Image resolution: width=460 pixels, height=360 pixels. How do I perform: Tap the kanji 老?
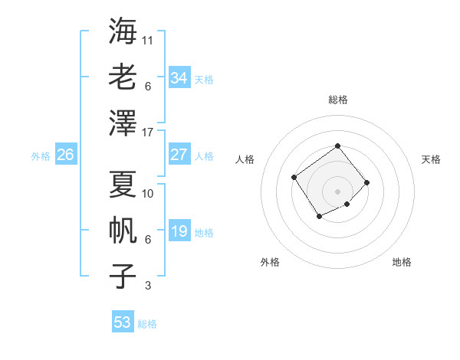click(x=123, y=77)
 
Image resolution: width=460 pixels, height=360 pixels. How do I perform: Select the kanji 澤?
click(x=123, y=123)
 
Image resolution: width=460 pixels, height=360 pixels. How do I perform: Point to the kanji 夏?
click(x=123, y=185)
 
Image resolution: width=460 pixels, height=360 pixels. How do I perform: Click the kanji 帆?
click(x=123, y=230)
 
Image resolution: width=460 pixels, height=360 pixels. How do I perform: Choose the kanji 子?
click(x=123, y=276)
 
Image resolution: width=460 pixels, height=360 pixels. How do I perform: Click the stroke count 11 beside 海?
click(x=148, y=40)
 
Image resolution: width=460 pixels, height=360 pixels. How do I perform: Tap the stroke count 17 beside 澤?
click(x=148, y=133)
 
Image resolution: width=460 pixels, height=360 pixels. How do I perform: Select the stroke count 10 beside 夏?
click(x=148, y=194)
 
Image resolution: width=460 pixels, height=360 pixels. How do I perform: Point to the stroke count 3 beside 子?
click(x=148, y=286)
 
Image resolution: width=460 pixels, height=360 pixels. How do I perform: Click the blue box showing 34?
click(x=179, y=78)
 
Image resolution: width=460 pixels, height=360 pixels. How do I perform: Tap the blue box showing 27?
click(x=179, y=155)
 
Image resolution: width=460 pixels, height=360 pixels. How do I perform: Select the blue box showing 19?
click(x=179, y=231)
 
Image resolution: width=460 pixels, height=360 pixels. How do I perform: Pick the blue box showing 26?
click(x=65, y=155)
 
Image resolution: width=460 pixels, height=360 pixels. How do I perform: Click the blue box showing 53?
click(x=122, y=322)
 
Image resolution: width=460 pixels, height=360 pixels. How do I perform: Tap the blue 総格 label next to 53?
click(x=147, y=324)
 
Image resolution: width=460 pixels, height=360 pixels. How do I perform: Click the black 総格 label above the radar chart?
click(x=337, y=100)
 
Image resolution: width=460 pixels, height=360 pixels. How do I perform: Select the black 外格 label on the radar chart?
click(x=270, y=262)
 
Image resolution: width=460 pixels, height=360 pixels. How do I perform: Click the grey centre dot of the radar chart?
click(x=337, y=191)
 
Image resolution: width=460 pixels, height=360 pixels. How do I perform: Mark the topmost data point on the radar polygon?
click(x=337, y=146)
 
